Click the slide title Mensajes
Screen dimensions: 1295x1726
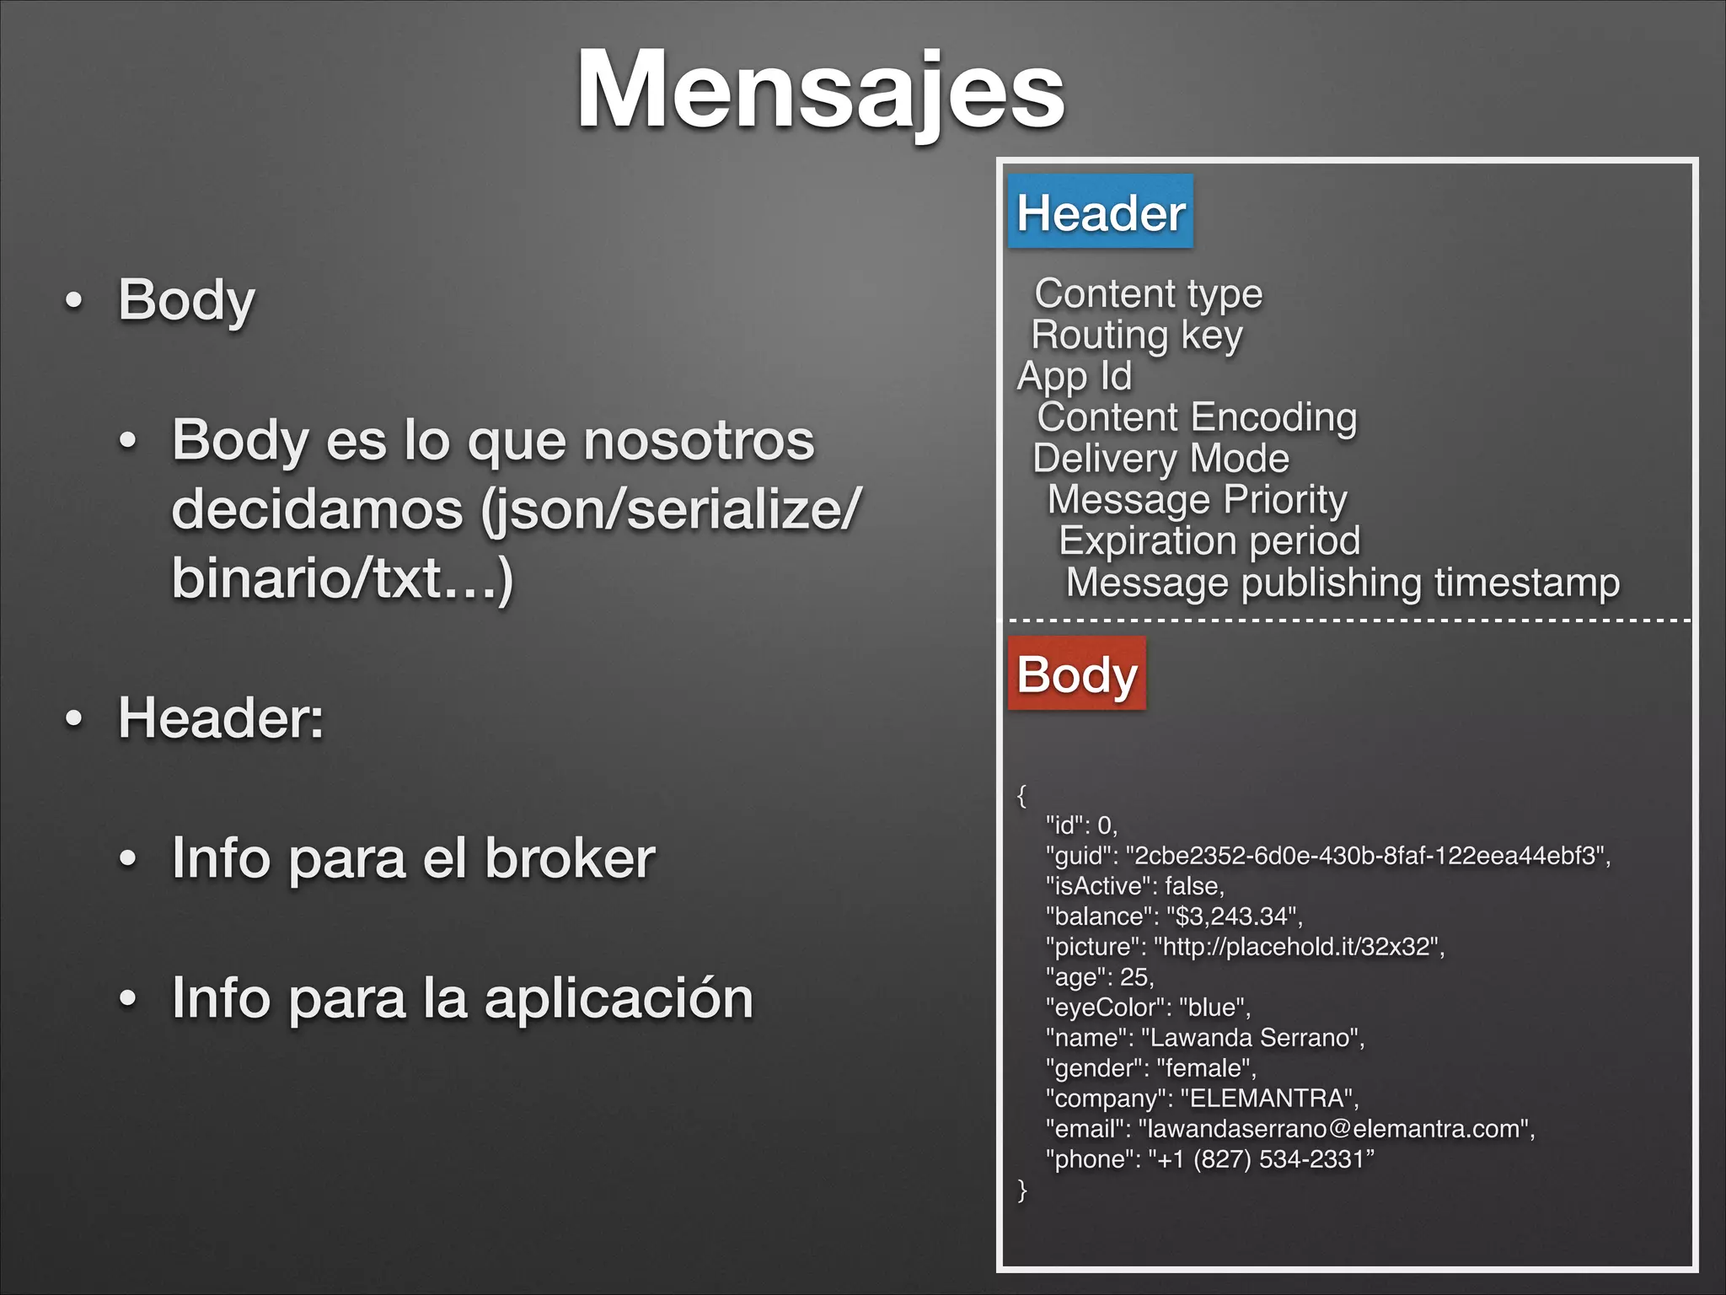(820, 90)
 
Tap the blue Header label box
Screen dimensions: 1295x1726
(1101, 212)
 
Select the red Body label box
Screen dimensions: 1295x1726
(1077, 674)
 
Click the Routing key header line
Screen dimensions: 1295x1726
(1136, 335)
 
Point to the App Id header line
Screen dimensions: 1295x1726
(1075, 376)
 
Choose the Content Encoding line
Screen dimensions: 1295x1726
(1197, 417)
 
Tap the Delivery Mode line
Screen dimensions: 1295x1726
(1160, 459)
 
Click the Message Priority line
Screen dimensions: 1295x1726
(1197, 500)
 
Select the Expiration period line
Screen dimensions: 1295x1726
(1209, 541)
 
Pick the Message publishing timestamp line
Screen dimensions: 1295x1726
(1343, 583)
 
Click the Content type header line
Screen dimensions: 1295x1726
(1148, 293)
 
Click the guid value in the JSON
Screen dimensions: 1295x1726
(1365, 856)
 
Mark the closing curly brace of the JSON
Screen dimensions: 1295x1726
(1022, 1190)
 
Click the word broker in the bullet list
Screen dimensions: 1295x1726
(570, 858)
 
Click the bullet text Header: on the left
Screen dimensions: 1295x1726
(221, 718)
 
